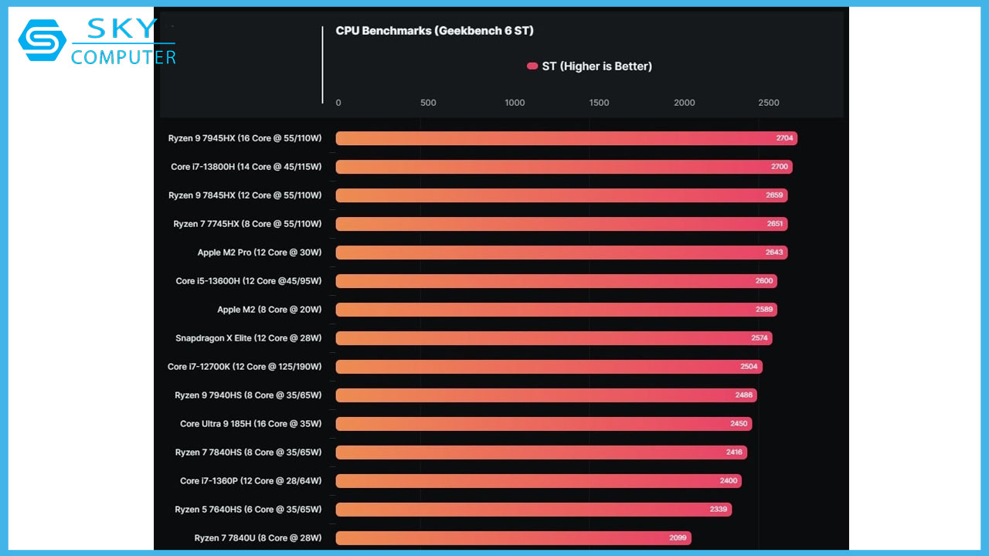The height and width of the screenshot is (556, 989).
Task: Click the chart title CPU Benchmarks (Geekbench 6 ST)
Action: pos(434,31)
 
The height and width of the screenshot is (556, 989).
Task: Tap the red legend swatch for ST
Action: pos(532,66)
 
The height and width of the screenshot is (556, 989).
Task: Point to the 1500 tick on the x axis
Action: pos(599,103)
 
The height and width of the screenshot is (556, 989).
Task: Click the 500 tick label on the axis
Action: pos(428,103)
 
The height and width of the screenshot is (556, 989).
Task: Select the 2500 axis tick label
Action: pos(768,103)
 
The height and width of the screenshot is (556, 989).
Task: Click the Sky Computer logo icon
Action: pos(42,40)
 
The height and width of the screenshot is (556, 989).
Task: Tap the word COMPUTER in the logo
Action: pos(124,57)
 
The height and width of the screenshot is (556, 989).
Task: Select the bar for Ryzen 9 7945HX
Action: pos(566,138)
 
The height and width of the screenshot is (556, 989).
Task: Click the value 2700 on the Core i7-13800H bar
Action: pos(780,167)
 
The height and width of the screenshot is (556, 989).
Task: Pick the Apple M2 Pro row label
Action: pos(259,253)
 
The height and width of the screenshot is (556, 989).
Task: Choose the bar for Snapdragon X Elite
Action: pos(553,338)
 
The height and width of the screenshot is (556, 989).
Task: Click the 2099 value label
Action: pos(678,537)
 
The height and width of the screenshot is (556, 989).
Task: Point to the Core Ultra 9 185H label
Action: pos(250,424)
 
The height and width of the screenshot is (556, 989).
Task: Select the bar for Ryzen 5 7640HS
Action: pos(533,510)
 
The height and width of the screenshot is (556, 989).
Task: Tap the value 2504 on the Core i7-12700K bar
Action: pos(749,367)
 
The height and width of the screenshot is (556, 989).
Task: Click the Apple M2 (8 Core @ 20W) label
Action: pos(269,310)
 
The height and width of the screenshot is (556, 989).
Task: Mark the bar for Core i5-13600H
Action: pos(556,281)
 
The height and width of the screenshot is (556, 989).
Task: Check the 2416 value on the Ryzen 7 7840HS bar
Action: pos(734,453)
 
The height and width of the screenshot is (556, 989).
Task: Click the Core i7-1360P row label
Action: pos(250,481)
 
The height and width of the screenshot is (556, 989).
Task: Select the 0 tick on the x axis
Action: pos(338,103)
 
